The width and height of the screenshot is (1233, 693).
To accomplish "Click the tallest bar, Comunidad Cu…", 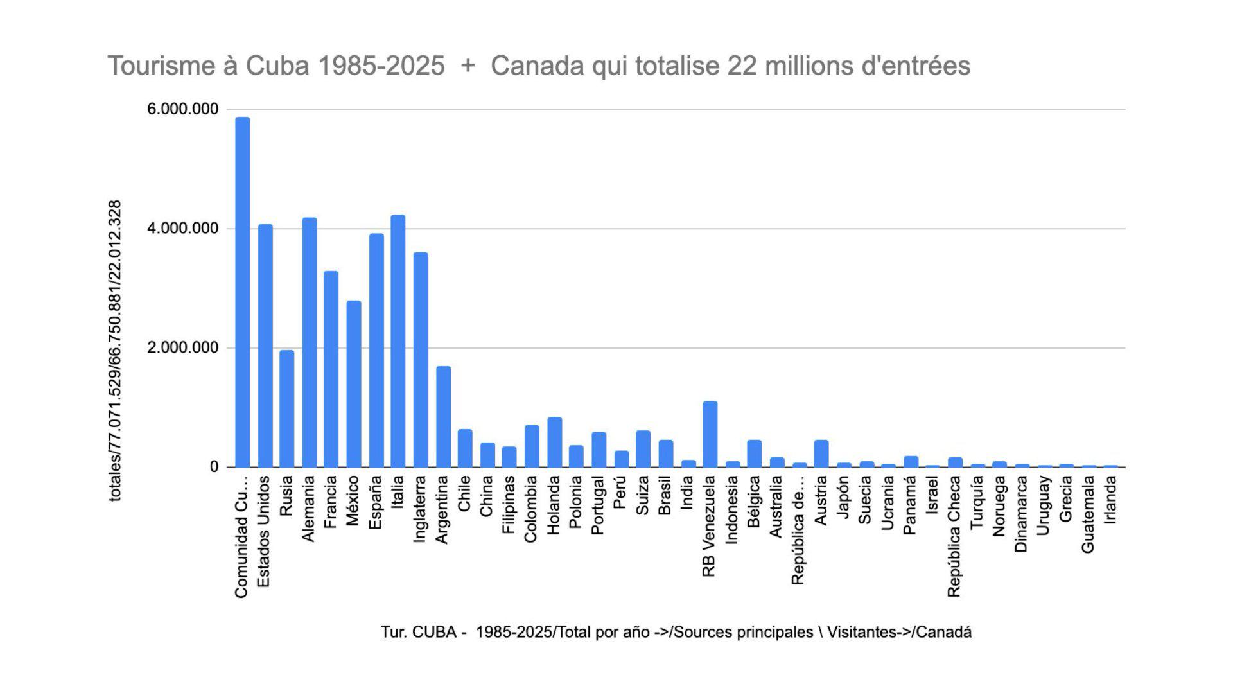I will pyautogui.click(x=242, y=292).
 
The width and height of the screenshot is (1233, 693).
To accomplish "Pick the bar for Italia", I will pyautogui.click(x=398, y=341).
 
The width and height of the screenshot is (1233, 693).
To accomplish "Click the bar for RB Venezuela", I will pyautogui.click(x=710, y=434).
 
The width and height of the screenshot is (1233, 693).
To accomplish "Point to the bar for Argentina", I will pyautogui.click(x=443, y=417).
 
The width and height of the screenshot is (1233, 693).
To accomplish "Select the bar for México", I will pyautogui.click(x=353, y=384).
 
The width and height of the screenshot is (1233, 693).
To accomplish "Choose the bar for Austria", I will pyautogui.click(x=821, y=453).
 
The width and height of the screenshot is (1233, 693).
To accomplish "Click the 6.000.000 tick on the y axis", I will pyautogui.click(x=182, y=109).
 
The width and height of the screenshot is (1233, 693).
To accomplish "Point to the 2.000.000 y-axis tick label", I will pyautogui.click(x=182, y=348).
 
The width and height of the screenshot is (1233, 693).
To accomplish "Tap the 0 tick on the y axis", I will pyautogui.click(x=214, y=467).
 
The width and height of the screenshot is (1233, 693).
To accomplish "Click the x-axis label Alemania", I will pyautogui.click(x=309, y=509).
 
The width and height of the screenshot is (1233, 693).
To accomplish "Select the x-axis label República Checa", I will pyautogui.click(x=954, y=536).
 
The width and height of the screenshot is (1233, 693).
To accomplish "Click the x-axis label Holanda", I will pyautogui.click(x=554, y=505).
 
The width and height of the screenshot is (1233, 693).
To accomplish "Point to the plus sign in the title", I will pyautogui.click(x=468, y=66).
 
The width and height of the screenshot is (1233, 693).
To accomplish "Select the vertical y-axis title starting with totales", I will pyautogui.click(x=115, y=351).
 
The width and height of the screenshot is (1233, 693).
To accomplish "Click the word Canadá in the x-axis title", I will pyautogui.click(x=943, y=632).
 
